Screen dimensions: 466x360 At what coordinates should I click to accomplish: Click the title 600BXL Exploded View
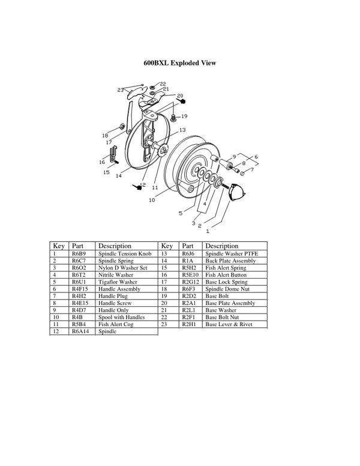(179, 63)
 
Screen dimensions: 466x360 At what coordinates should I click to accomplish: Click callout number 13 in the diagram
(181, 130)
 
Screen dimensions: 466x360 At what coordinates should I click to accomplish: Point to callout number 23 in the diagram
(121, 90)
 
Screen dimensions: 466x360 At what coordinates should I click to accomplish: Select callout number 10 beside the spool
(152, 200)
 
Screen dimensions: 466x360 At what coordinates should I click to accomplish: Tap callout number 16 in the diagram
(102, 162)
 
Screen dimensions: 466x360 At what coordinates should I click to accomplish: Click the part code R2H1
(189, 324)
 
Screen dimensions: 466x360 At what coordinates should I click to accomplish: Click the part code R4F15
(81, 289)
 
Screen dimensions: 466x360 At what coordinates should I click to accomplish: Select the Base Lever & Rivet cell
(229, 324)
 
